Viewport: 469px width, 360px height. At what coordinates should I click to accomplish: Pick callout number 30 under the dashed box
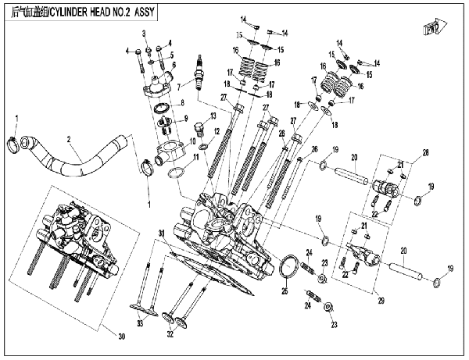click(x=121, y=337)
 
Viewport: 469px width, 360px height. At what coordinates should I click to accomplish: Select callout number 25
click(x=285, y=292)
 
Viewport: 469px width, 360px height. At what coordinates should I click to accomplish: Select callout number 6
click(x=174, y=64)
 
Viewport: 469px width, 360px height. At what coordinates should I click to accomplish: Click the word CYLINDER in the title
click(x=81, y=13)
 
